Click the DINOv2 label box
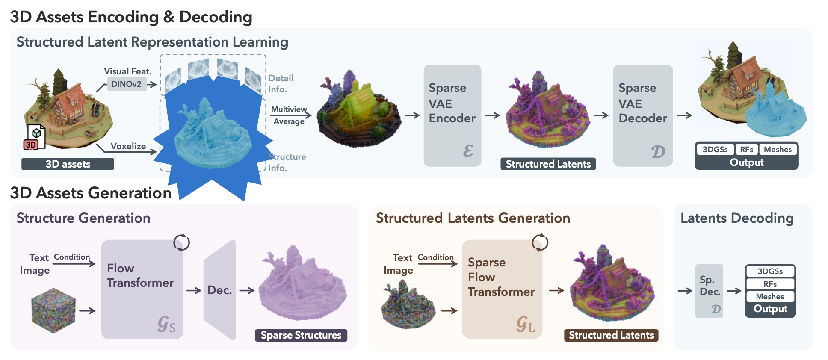click(x=126, y=84)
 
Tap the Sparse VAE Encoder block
click(x=452, y=115)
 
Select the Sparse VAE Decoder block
click(x=642, y=115)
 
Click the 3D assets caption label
click(x=68, y=164)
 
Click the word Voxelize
click(x=128, y=146)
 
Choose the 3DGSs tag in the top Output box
click(x=715, y=149)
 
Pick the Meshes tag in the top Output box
click(x=778, y=149)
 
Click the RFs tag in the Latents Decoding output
click(x=770, y=284)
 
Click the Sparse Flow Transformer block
click(x=502, y=289)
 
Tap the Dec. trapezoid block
click(x=220, y=290)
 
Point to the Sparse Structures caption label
click(x=301, y=335)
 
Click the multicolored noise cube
click(x=53, y=310)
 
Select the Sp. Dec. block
click(x=709, y=291)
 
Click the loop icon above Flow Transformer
click(x=181, y=242)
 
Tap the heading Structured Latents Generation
click(x=473, y=218)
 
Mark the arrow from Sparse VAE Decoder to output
click(x=685, y=115)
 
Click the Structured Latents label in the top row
click(x=548, y=164)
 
